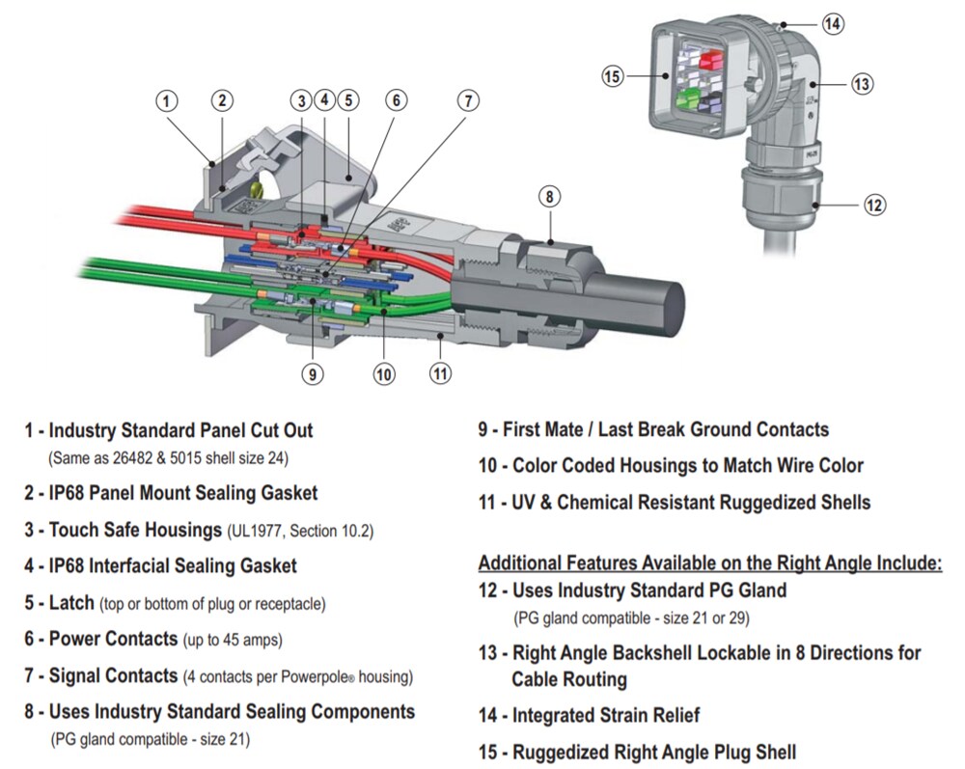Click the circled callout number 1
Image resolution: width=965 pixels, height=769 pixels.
(x=167, y=101)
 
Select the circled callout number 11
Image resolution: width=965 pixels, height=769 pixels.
(x=440, y=372)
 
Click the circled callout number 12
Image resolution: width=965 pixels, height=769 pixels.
(x=874, y=205)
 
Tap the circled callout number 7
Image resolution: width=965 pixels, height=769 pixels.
(x=468, y=100)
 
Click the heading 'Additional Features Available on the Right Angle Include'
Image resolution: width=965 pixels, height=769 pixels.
(x=710, y=563)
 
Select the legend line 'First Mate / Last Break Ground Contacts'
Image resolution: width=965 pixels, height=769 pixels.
(x=665, y=429)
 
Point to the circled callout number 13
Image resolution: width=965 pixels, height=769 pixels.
(x=862, y=84)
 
